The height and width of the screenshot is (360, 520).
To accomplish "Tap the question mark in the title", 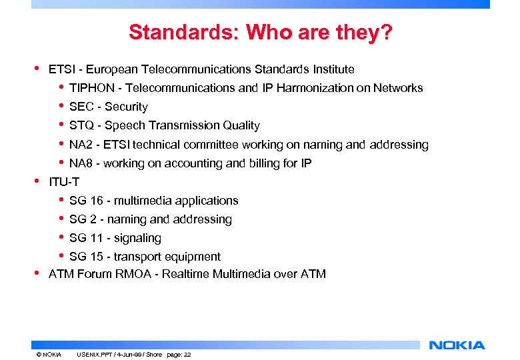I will tap(385, 32).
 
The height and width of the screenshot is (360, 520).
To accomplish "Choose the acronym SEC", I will tap(82, 107).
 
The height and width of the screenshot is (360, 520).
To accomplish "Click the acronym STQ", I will tap(82, 125).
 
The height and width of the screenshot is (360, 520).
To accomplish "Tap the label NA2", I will tap(82, 145).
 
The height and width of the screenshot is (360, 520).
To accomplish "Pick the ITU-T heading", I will tap(63, 182).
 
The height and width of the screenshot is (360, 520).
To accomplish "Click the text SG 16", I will tap(85, 201).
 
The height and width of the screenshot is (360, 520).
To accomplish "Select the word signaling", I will tap(137, 238).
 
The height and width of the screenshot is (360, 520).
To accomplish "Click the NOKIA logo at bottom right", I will tap(457, 345).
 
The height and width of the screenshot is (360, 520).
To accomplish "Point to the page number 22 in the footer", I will tap(187, 355).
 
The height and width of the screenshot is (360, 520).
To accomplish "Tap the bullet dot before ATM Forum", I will tap(37, 273).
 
